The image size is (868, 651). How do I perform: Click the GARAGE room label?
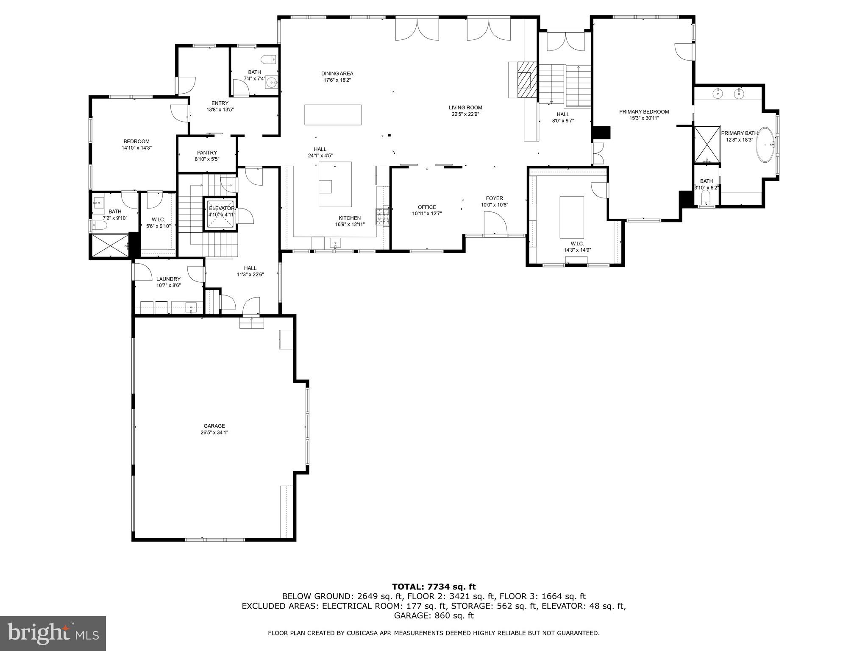point(214,426)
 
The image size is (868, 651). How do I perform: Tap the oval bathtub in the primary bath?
point(765,145)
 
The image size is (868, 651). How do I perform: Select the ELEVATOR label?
point(221,209)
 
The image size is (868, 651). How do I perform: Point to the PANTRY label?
point(207,153)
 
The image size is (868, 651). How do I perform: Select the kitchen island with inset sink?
point(335,184)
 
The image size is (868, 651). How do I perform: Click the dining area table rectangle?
point(333,115)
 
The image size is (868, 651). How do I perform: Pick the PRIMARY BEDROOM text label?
point(644,112)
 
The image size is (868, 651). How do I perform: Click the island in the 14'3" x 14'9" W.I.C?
point(572,217)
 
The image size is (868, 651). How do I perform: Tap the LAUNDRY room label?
point(168,279)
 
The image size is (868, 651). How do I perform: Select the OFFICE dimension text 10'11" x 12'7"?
point(427,214)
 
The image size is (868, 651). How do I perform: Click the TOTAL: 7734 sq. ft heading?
point(434,587)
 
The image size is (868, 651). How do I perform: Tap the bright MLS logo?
point(53,633)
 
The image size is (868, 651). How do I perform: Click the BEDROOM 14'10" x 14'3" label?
point(136,145)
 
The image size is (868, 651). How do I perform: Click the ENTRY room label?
point(220,103)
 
